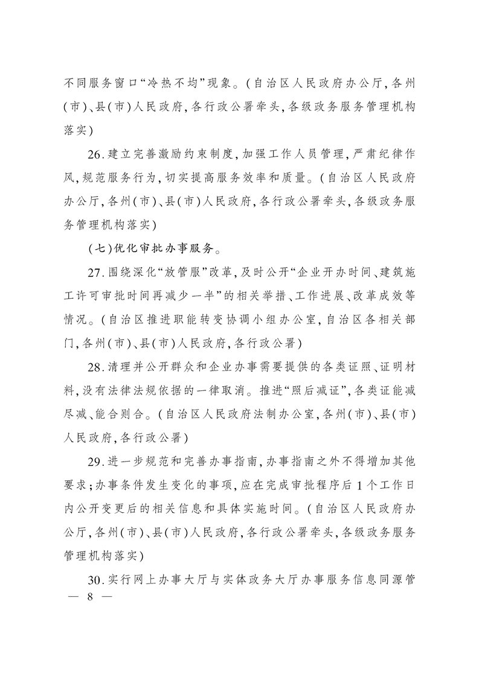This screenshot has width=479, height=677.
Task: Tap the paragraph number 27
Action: (94, 272)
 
